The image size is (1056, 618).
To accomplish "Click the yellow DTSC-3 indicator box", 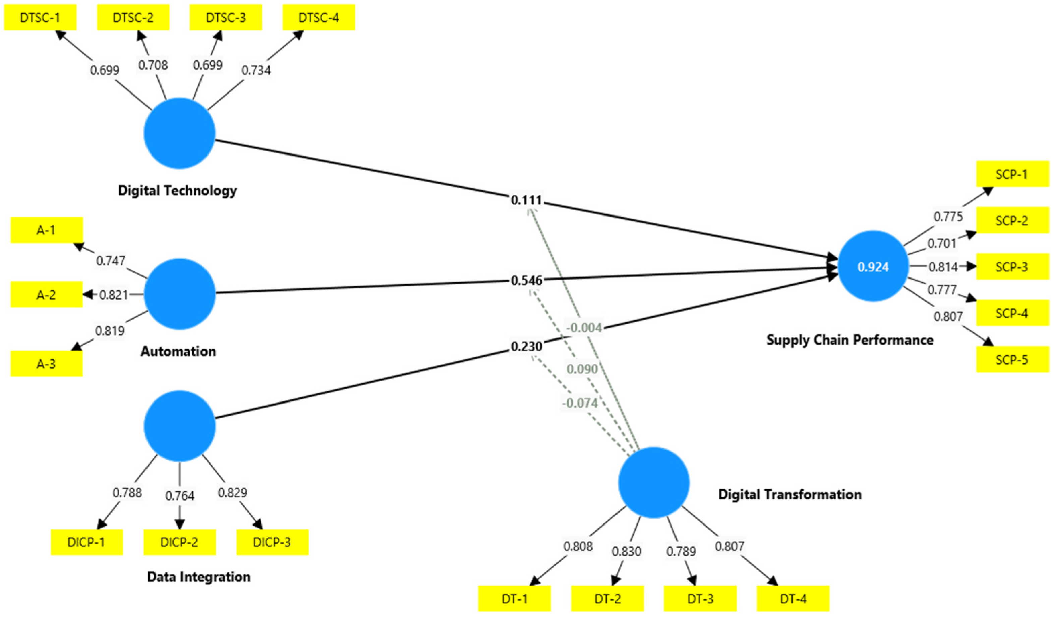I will click(226, 18).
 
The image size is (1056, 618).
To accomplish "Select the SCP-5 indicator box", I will click(1012, 360).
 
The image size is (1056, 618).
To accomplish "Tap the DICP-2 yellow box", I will click(179, 542).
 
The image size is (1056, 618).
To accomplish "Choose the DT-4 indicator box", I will click(793, 599).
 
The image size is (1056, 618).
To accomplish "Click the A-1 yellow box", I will click(47, 230).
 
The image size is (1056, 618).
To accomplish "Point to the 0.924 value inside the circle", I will click(873, 267).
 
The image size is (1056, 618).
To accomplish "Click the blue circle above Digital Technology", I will click(180, 133).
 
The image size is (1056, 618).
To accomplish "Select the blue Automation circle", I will click(180, 294).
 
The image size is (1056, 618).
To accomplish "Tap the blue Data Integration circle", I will click(180, 426).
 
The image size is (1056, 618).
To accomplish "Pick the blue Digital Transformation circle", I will click(654, 483).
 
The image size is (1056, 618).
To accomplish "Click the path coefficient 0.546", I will click(526, 280).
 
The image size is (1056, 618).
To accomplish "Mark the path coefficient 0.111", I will click(526, 200).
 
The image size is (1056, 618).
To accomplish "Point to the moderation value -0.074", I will click(580, 403).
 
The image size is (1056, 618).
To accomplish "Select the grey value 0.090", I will click(582, 369).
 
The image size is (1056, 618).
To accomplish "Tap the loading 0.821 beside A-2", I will click(114, 295).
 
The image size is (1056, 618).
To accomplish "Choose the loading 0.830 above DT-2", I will click(626, 551).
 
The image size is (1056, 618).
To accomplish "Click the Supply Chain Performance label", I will click(850, 340).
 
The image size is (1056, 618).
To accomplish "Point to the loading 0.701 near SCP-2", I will click(942, 243).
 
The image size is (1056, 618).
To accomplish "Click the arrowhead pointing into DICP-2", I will click(180, 524).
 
